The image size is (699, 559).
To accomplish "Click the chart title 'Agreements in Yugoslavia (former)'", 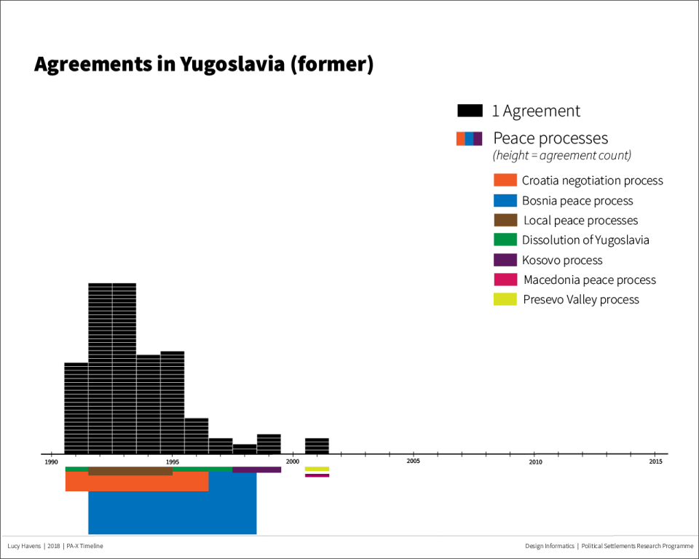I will pyautogui.click(x=203, y=64).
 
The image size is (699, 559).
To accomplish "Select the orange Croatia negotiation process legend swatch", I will pyautogui.click(x=505, y=181).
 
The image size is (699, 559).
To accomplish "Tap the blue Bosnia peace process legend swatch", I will pyautogui.click(x=505, y=200).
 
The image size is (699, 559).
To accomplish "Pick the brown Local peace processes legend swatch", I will pyautogui.click(x=505, y=220).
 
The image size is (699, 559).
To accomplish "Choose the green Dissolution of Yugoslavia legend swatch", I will pyautogui.click(x=505, y=239).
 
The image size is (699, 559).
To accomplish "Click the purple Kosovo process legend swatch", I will pyautogui.click(x=505, y=260).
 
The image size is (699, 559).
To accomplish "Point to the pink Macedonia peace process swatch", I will pyautogui.click(x=505, y=279).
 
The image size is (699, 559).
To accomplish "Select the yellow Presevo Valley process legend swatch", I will pyautogui.click(x=505, y=299).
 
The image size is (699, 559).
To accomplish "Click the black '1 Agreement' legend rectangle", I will pyautogui.click(x=470, y=111).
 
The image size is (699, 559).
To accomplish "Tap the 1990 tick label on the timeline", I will pyautogui.click(x=51, y=461).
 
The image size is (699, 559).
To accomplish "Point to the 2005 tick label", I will pyautogui.click(x=413, y=461).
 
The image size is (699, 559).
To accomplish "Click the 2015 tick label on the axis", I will pyautogui.click(x=655, y=461).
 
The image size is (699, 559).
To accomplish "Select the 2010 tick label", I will pyautogui.click(x=535, y=461).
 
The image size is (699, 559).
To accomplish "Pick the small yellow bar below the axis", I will pyautogui.click(x=317, y=469).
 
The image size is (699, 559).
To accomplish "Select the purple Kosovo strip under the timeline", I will pyautogui.click(x=256, y=469).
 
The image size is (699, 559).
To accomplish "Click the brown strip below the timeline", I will pyautogui.click(x=130, y=472).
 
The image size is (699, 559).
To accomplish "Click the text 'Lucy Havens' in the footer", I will pyautogui.click(x=23, y=546).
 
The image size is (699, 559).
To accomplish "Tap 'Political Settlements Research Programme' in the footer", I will pyautogui.click(x=637, y=546).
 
